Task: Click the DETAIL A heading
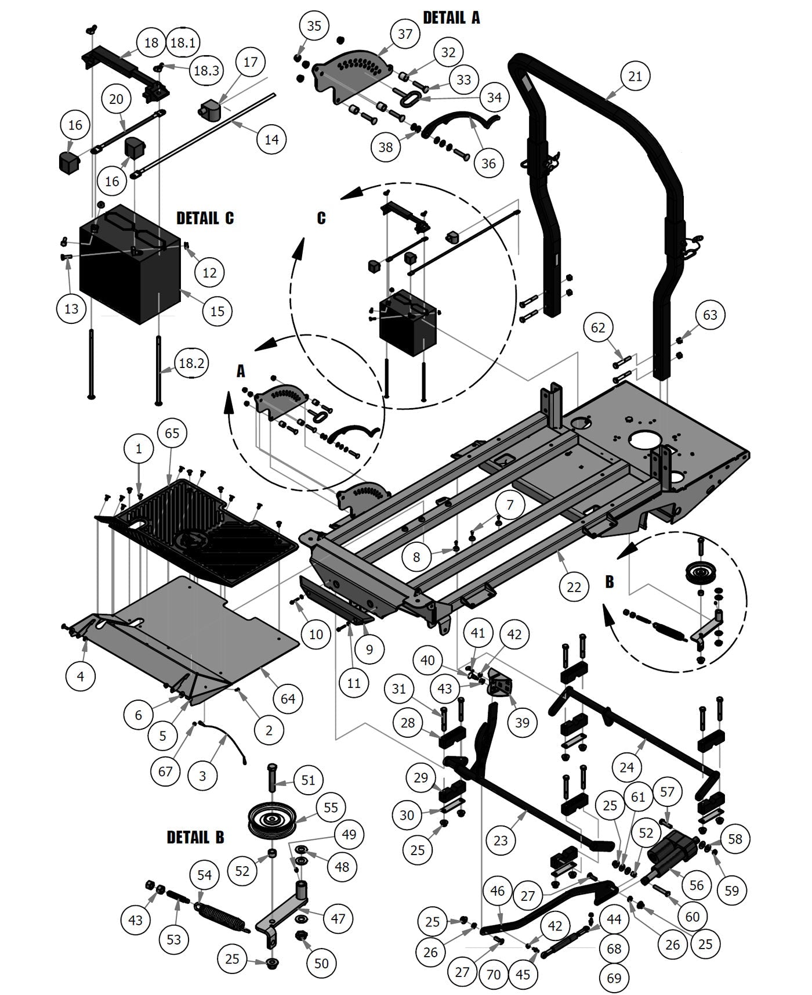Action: pos(451,17)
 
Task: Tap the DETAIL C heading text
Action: pos(205,218)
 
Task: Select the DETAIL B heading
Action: pos(195,837)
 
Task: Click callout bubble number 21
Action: pos(635,76)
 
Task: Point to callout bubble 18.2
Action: pos(191,364)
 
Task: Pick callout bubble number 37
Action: pos(404,34)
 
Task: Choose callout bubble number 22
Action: pos(574,587)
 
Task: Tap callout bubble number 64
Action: pos(288,698)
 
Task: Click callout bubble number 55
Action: pos(331,807)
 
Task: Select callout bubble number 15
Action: pos(217,311)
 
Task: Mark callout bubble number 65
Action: pos(172,433)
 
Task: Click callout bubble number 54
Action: pos(205,875)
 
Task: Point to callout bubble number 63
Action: pos(710,315)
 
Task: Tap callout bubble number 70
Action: pos(493,974)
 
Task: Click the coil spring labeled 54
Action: pos(220,913)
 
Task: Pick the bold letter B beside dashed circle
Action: pos(609,582)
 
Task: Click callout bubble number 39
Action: pos(522,722)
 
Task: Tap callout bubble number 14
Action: pos(271,139)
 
